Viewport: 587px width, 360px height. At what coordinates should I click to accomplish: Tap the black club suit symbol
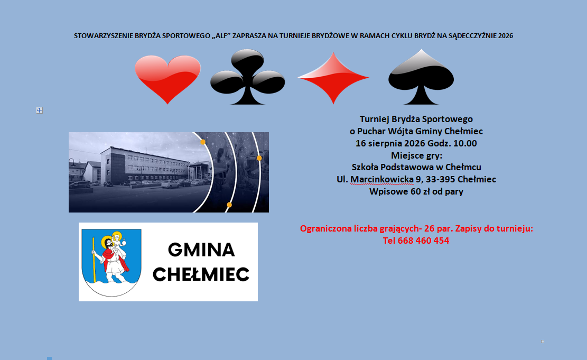[247, 77]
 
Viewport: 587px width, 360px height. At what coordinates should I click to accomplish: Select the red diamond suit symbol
[333, 78]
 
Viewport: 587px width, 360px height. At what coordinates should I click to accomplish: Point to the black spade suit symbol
[421, 77]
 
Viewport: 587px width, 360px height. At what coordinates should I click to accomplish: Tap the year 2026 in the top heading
[506, 36]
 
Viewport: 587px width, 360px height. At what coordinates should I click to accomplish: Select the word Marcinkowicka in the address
[382, 179]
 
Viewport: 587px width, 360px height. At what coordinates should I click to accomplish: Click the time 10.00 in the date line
[465, 143]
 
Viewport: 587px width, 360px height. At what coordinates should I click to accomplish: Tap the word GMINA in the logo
[201, 250]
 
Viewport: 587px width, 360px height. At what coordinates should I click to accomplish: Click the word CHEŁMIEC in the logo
[201, 274]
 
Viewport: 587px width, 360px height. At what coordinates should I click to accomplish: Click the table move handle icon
[39, 110]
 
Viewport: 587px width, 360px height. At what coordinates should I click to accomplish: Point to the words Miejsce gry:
[417, 155]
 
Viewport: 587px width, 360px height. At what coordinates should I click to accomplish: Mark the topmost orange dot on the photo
[203, 142]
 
